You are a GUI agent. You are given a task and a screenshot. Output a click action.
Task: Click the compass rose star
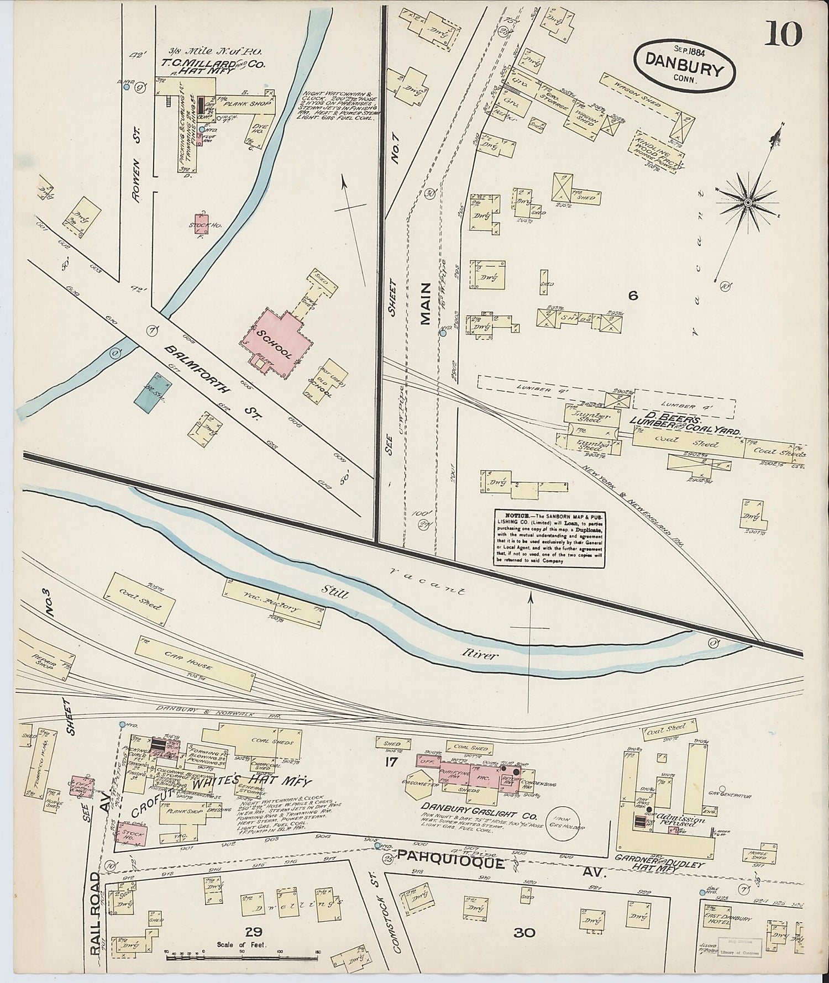click(747, 203)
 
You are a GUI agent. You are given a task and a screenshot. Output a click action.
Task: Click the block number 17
click(392, 763)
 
